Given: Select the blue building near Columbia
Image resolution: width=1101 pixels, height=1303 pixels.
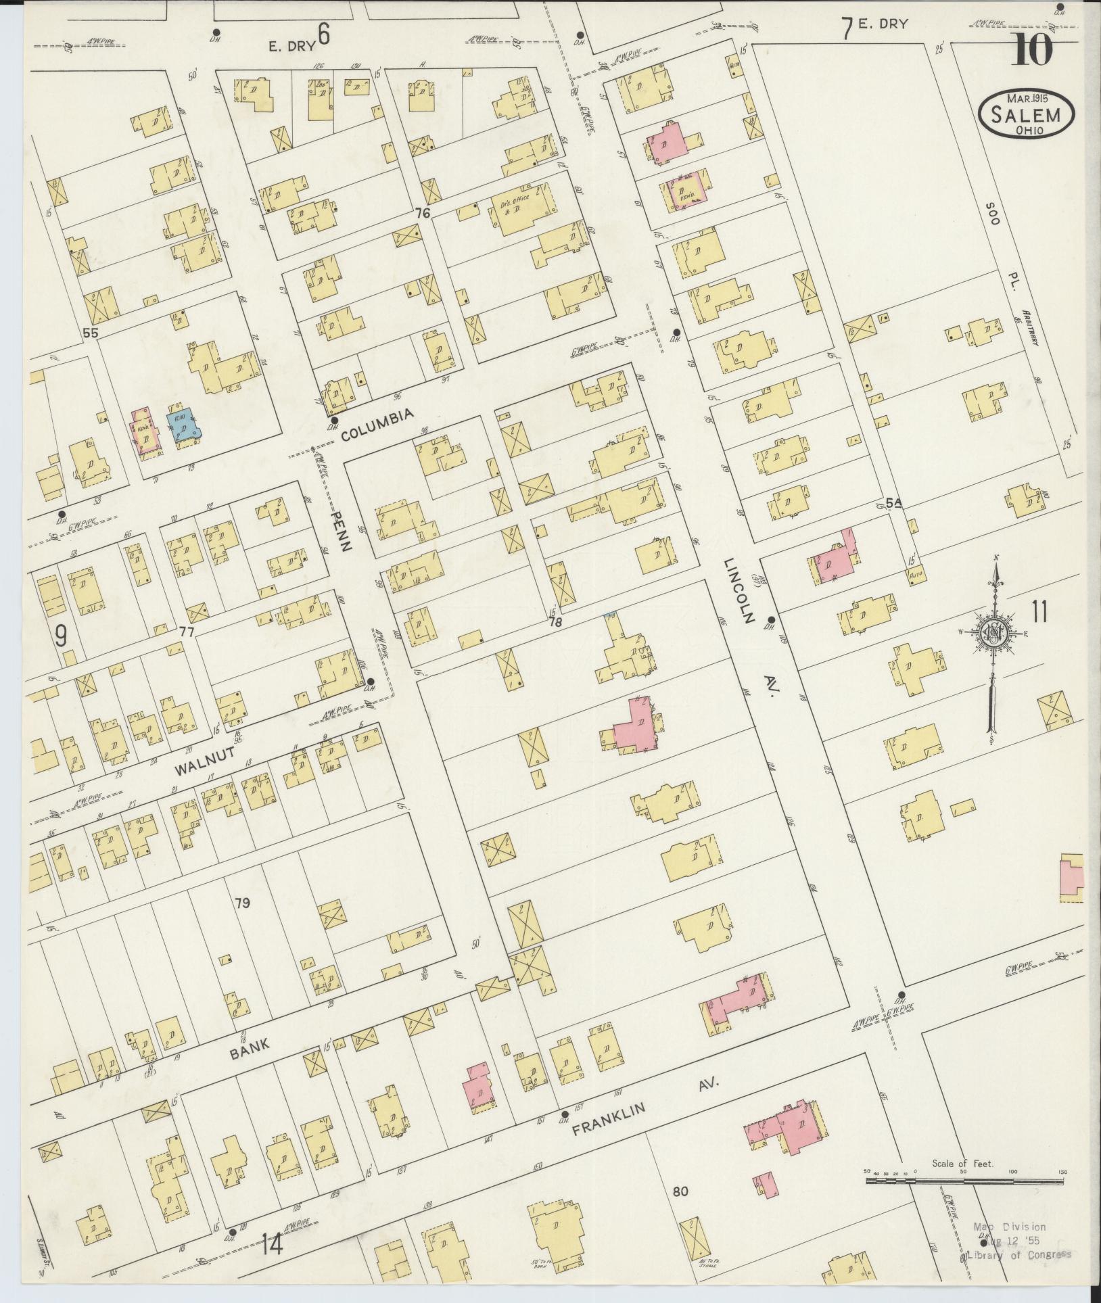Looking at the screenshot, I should coord(181,425).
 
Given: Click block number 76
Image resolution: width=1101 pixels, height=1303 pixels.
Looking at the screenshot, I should coord(423,214).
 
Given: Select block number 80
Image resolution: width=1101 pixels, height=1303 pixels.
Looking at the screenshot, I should coord(680,1210).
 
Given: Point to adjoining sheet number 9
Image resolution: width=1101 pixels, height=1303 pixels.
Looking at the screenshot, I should coord(61,636).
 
